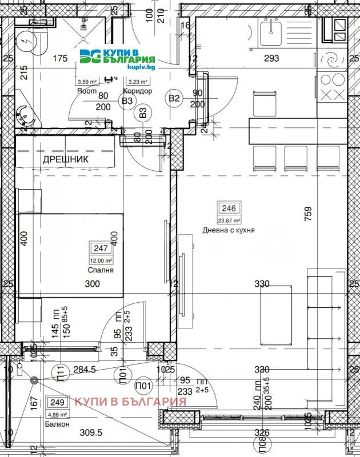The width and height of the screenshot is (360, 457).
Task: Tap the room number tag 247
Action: [x=101, y=248]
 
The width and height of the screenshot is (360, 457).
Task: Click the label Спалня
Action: [x=100, y=270]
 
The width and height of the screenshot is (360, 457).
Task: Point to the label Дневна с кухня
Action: [x=229, y=230]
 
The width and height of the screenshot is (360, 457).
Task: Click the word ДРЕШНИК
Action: [x=66, y=160]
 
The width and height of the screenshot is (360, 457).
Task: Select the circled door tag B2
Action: [x=174, y=98]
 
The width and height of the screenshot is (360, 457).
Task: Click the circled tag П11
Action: [x=60, y=375]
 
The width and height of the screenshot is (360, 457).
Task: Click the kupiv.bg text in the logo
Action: [x=141, y=67]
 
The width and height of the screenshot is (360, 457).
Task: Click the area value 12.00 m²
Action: [x=101, y=260]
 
